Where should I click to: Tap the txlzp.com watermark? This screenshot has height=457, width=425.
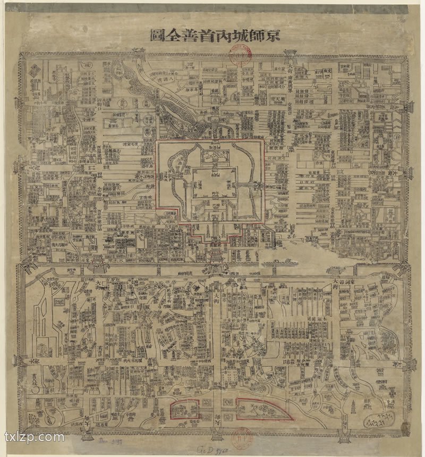pos(34,437)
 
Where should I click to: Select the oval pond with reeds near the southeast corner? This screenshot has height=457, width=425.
pos(378,420)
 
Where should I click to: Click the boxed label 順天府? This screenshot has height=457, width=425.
pos(278,99)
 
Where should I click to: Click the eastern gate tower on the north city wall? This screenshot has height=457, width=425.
pos(290,54)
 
